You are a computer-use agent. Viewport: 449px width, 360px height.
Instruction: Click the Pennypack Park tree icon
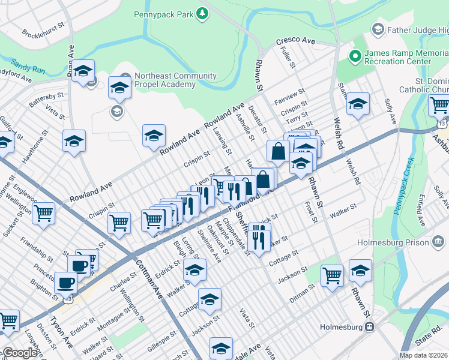click(x=203, y=12)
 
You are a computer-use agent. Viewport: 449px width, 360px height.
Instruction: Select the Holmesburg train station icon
click(x=370, y=327)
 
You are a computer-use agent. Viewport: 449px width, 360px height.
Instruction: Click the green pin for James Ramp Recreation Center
click(x=355, y=56)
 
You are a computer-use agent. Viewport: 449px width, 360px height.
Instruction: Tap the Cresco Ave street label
click(x=295, y=41)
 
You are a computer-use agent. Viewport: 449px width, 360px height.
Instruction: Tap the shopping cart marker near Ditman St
click(x=332, y=275)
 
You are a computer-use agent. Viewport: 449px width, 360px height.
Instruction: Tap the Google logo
click(x=20, y=353)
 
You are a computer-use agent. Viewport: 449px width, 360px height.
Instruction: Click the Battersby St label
click(x=46, y=99)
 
